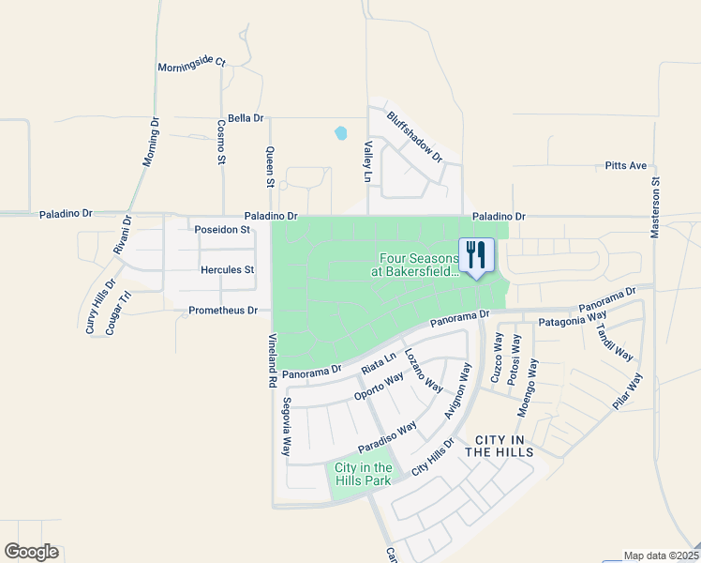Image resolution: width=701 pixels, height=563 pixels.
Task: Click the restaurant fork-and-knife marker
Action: point(476,252)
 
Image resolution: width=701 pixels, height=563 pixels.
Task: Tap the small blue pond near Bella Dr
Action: point(340,133)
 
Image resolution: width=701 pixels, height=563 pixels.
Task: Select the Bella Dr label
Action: point(246,119)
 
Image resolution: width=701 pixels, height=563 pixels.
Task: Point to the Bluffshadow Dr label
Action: point(414,137)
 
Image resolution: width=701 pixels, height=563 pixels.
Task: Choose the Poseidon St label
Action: point(222,229)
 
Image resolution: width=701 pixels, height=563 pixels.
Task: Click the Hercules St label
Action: point(228,269)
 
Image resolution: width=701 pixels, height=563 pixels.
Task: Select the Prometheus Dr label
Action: point(223,310)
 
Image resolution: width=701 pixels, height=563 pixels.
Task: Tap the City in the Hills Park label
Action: point(363,474)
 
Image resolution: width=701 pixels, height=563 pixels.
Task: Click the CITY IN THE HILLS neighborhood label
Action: point(504,446)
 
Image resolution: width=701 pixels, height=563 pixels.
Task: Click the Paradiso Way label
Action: point(386,436)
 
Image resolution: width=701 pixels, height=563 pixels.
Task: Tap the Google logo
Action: point(31,552)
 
